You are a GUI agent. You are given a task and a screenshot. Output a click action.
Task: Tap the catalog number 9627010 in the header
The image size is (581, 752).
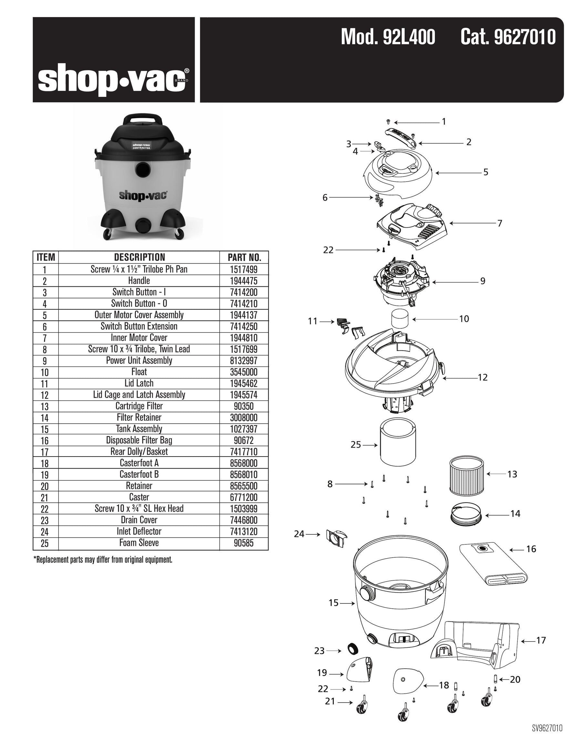[x=508, y=37]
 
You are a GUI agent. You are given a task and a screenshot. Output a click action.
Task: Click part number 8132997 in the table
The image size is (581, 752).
[x=243, y=361]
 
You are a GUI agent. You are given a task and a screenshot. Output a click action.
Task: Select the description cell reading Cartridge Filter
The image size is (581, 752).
[x=139, y=406]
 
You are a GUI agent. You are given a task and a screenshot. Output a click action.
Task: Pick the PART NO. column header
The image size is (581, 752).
[x=244, y=257]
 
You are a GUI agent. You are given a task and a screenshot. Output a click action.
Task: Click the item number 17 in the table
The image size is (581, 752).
[x=45, y=452]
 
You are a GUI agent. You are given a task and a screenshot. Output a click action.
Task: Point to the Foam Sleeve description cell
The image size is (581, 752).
[x=139, y=543]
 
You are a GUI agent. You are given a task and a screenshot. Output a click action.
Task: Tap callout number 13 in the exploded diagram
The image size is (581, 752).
[x=512, y=474]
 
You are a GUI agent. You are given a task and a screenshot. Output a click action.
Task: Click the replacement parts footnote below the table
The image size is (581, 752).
[x=103, y=560]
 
